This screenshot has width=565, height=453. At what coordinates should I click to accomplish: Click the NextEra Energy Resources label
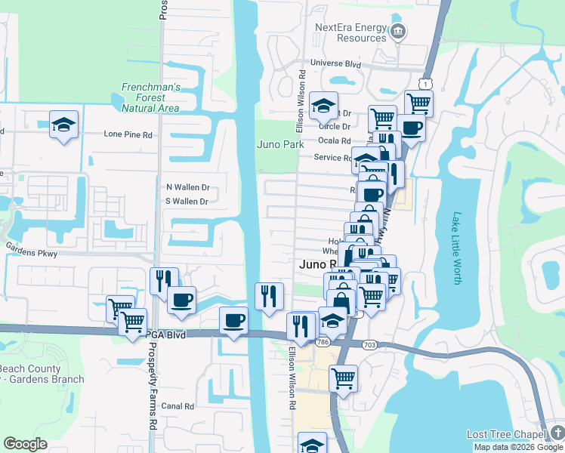point(350,32)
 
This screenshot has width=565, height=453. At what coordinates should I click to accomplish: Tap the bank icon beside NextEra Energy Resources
point(399,32)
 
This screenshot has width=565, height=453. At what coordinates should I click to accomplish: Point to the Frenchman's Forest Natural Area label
point(150,97)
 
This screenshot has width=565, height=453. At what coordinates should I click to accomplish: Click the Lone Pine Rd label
point(128,134)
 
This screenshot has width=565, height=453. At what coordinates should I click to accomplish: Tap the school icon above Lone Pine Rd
point(64,124)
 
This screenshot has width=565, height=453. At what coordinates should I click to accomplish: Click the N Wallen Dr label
point(187,186)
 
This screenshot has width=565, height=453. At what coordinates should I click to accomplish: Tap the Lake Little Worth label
point(456,247)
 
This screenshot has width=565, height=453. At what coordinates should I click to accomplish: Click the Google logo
point(25,444)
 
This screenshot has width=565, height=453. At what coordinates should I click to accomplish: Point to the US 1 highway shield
point(428,83)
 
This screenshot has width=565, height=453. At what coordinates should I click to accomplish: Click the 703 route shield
point(369,344)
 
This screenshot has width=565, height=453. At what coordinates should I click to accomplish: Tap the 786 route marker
point(323,342)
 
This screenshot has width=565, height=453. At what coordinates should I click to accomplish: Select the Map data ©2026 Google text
point(518,447)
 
